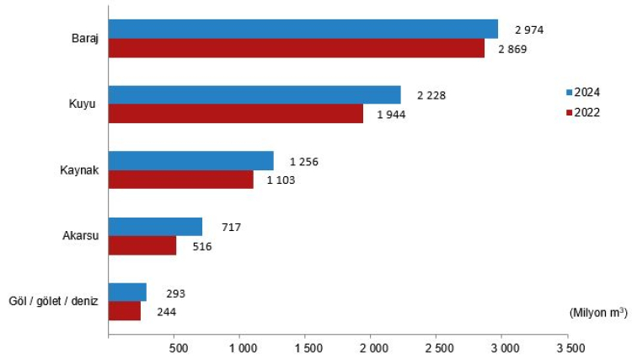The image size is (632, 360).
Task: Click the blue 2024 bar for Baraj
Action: [x=303, y=30]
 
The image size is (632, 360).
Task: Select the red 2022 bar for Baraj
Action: [x=297, y=48]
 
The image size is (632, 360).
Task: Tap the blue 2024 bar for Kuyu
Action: [x=254, y=94]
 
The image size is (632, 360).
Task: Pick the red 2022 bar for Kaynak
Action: [x=181, y=179]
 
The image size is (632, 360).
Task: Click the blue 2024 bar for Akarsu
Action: [x=156, y=226]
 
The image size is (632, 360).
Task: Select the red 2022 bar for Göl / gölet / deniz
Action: [x=125, y=310]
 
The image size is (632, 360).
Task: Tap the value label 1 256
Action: [x=303, y=161]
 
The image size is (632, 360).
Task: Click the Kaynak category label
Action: [x=80, y=169]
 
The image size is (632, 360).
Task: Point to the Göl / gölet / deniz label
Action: [x=53, y=302]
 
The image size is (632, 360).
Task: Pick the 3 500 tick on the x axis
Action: [x=569, y=347]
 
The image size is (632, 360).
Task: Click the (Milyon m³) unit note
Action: [x=596, y=312]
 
